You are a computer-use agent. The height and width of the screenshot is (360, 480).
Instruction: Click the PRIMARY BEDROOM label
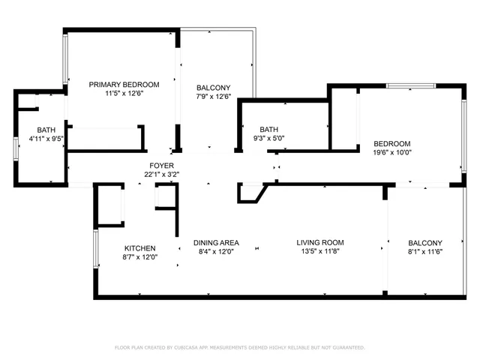pos(124,84)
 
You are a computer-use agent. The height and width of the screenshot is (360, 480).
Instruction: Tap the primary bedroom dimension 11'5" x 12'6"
pos(124,94)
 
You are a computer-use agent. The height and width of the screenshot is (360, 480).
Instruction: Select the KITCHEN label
pos(139,248)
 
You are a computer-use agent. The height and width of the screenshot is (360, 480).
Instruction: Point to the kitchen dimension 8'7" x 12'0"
pos(139,258)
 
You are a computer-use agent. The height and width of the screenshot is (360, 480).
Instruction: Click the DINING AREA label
pos(216,242)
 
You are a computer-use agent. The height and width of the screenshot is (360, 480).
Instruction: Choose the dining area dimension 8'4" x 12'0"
pos(216,252)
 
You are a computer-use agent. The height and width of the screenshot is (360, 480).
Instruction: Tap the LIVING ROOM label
pos(319,242)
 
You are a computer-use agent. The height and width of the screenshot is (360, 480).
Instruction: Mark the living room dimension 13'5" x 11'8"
pos(319,252)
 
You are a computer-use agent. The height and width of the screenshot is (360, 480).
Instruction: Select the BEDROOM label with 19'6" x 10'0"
pos(392,143)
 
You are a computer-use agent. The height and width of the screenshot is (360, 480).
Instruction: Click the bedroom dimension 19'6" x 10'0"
pos(392,153)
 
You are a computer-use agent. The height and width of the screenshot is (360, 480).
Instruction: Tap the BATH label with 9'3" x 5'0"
pos(269,129)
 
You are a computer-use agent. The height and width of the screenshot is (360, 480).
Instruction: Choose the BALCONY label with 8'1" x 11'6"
pos(425,242)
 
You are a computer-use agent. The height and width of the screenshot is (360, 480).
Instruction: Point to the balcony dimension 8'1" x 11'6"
pos(425,252)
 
